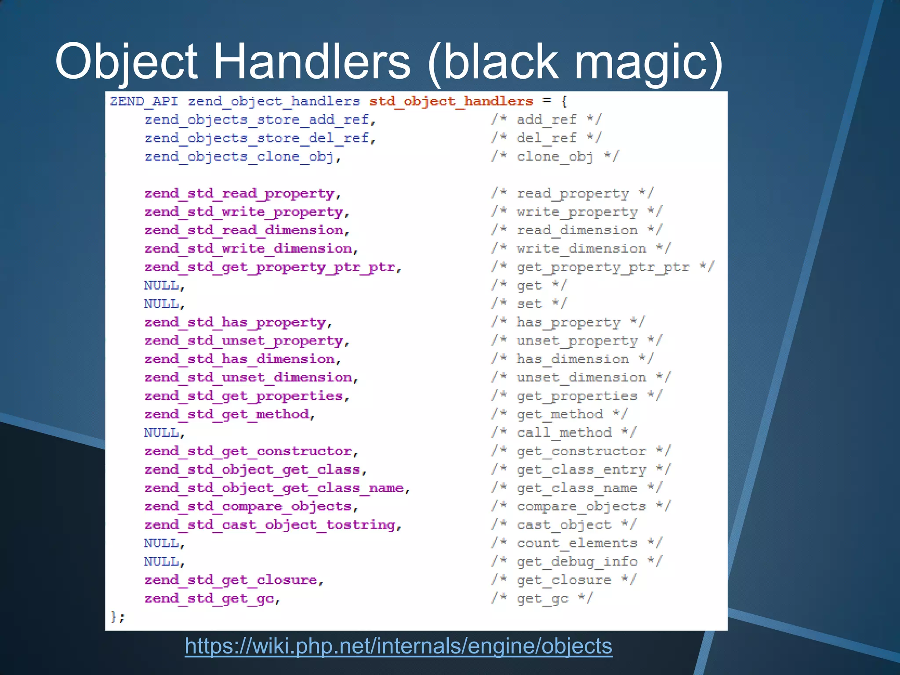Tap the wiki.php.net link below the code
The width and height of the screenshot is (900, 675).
pos(398,646)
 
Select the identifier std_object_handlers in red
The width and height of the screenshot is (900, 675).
pos(451,102)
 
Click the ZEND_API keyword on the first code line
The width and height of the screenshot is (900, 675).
pos(144,102)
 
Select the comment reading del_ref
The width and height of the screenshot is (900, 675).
pos(546,138)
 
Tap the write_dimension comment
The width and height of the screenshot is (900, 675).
pos(581,249)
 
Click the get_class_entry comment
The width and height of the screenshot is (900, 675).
pos(581,470)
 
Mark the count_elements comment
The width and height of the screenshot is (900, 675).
pos(577,543)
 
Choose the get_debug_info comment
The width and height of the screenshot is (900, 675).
pos(577,562)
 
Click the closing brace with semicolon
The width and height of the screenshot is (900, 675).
pos(117,617)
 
